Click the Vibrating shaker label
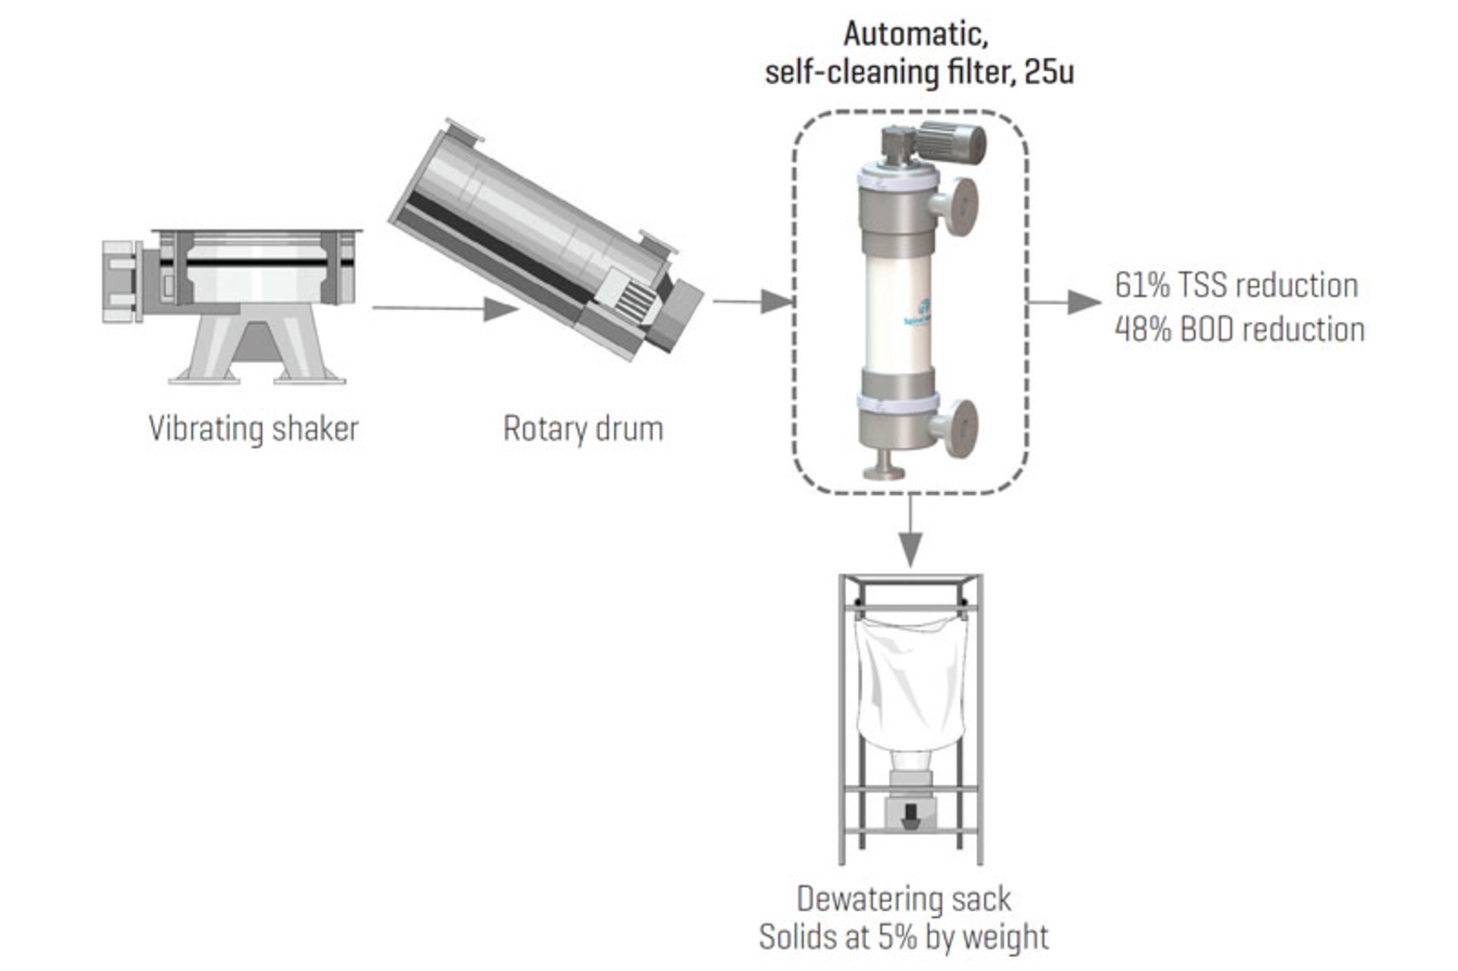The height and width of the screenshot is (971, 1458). coord(253,429)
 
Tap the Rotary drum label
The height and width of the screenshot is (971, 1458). coord(583,429)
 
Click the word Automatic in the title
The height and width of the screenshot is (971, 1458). coord(915,34)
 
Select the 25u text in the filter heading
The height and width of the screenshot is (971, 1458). coord(1049,72)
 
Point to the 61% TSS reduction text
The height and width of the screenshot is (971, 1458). coord(1236,285)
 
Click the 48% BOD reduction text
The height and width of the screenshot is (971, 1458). coord(1239,329)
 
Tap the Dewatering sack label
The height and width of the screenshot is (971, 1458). coord(904,899)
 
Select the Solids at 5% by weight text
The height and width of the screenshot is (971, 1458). coord(904,937)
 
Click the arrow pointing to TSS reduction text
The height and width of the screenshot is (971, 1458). coord(1063,302)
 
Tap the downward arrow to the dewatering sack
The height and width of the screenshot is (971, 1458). coord(910,531)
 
